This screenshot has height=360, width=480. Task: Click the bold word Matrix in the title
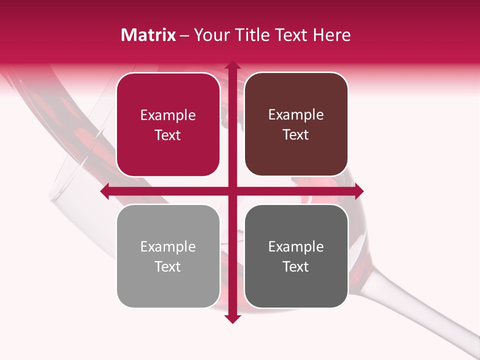click(148, 35)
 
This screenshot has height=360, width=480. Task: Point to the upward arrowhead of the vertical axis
click(232, 65)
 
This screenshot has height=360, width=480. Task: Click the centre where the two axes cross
click(232, 191)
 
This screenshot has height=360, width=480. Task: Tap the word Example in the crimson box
click(168, 115)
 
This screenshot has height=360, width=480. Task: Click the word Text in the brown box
click(296, 135)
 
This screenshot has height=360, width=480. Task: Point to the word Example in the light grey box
click(168, 246)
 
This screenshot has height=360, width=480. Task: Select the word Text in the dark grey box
click(296, 266)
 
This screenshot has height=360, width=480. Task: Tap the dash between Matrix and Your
click(184, 35)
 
